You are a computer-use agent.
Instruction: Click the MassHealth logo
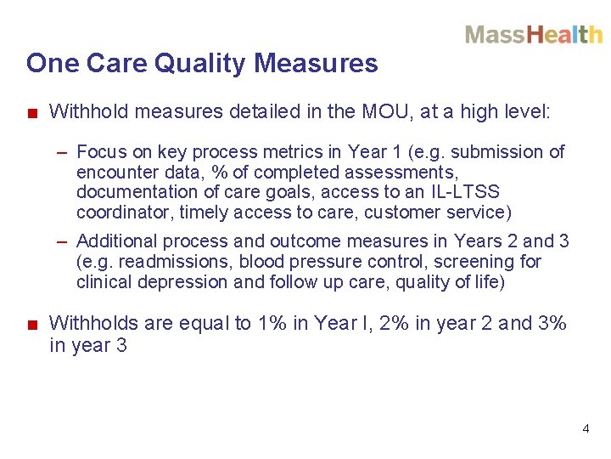[533, 35]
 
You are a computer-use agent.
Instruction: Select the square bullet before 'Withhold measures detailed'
[31, 112]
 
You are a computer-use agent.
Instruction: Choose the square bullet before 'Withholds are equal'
[31, 324]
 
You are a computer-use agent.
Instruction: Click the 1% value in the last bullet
[272, 323]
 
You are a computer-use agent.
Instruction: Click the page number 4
[586, 429]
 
